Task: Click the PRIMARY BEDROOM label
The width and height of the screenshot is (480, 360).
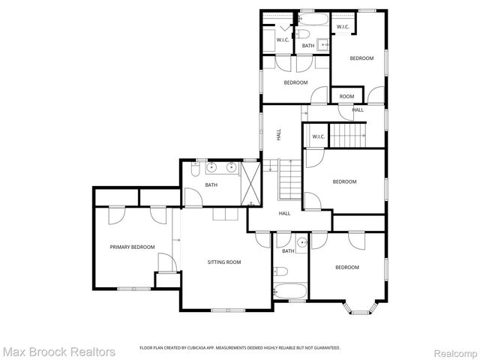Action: point(132,247)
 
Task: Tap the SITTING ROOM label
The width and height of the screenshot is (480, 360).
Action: point(224,262)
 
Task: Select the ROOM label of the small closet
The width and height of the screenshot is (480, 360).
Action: point(346,96)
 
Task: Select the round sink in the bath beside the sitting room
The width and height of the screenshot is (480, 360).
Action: point(301,242)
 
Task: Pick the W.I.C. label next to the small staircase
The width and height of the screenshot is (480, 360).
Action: point(318,136)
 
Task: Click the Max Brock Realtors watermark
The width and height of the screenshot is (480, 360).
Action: point(58,351)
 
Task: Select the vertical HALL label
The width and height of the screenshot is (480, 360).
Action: point(279,136)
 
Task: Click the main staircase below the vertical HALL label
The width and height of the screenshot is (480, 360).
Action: point(289,180)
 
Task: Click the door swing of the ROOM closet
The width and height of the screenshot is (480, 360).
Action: point(345,112)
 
